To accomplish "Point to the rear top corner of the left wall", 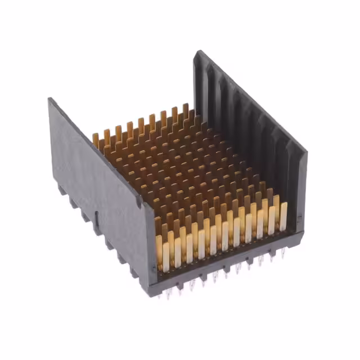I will point(51,100).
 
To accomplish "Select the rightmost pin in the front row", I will point(283,216).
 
